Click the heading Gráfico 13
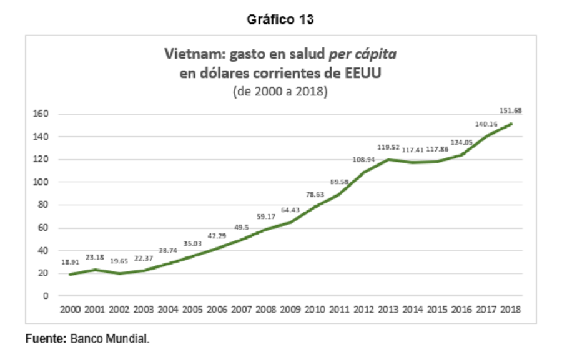pyautogui.click(x=280, y=19)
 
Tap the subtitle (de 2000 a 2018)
pyautogui.click(x=280, y=91)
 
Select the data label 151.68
pyautogui.click(x=510, y=110)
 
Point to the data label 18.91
pyautogui.click(x=70, y=262)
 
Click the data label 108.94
pyautogui.click(x=363, y=160)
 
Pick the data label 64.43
pyautogui.click(x=290, y=210)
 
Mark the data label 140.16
pyautogui.click(x=486, y=124)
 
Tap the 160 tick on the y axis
pyautogui.click(x=41, y=114)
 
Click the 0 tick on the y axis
pyautogui.click(x=46, y=296)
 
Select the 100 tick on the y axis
pyautogui.click(x=41, y=182)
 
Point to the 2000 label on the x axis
pyautogui.click(x=70, y=309)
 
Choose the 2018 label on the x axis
pyautogui.click(x=510, y=309)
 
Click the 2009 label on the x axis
pyautogui.click(x=290, y=309)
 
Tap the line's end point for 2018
pyautogui.click(x=511, y=124)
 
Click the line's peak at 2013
pyautogui.click(x=388, y=160)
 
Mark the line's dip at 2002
pyautogui.click(x=119, y=274)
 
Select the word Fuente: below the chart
pyautogui.click(x=46, y=339)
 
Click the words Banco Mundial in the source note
pyautogui.click(x=109, y=339)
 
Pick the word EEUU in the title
pyautogui.click(x=363, y=73)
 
